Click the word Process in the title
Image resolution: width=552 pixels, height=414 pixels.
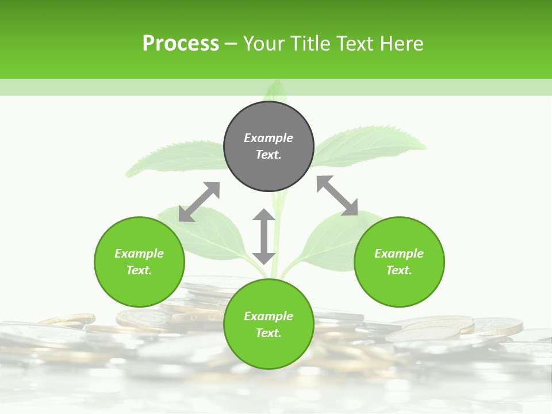[181, 44]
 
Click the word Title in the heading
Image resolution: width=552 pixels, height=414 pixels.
[310, 44]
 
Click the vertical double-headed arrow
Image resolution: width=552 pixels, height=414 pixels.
[264, 236]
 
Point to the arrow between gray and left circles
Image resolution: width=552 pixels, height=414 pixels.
[199, 202]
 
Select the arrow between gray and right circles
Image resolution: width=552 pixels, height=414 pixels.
[337, 195]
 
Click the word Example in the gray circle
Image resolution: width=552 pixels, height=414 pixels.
[269, 138]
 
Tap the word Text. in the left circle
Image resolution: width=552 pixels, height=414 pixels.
[139, 270]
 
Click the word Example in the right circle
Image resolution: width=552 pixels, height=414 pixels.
[399, 254]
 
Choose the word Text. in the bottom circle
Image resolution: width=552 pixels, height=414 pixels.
[269, 333]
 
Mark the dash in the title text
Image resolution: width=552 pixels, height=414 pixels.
[231, 44]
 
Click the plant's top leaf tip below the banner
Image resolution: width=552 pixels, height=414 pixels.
[277, 89]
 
